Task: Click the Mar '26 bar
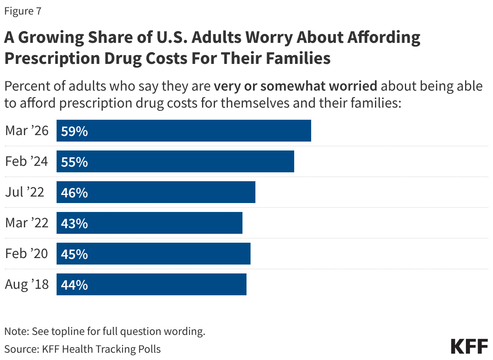[184, 131]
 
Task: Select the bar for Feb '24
[175, 161]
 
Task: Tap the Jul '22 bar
[156, 192]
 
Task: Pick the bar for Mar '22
[150, 223]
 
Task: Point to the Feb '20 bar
[154, 254]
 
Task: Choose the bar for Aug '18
[152, 284]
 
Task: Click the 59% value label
[74, 131]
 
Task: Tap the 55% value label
[74, 162]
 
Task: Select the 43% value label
[74, 223]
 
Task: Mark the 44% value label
[74, 285]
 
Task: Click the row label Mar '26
[27, 131]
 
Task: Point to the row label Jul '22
[24, 192]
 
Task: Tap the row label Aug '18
[27, 284]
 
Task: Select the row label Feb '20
[27, 254]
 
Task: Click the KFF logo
[469, 347]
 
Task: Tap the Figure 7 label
[23, 11]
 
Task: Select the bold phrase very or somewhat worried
[295, 86]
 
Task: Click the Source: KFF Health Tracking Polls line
[82, 349]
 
